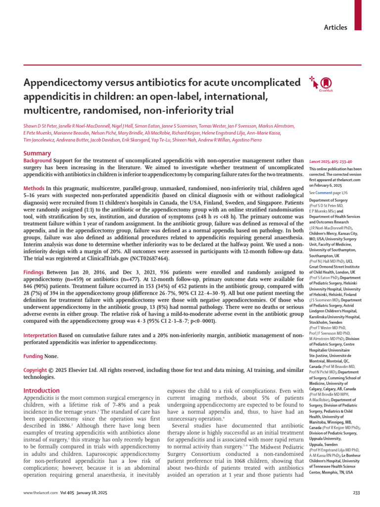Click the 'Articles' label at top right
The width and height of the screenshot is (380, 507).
coord(335,28)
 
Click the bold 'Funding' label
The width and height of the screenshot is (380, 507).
coord(34,356)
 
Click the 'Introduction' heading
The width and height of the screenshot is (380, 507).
coord(42,391)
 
